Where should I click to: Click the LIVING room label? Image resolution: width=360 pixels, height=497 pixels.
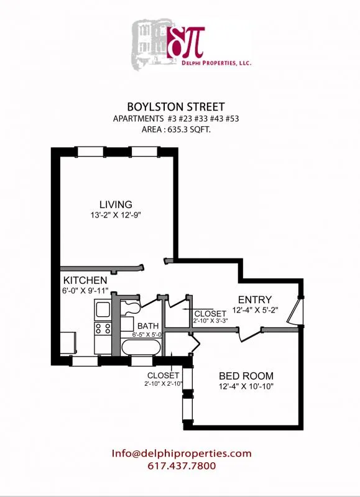pos(116,204)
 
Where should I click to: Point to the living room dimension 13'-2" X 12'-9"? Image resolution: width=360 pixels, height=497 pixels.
pos(116,216)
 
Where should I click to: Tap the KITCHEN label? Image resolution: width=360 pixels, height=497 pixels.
pos(85,281)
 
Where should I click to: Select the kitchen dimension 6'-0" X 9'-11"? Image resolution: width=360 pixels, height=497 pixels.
pos(85,291)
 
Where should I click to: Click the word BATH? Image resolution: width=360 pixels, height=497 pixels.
pos(149,326)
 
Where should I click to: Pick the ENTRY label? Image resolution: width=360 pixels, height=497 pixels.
pos(252,300)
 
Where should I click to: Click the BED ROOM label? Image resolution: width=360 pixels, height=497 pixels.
pos(246,376)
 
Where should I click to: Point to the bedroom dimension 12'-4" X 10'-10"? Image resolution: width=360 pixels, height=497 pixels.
pos(246,387)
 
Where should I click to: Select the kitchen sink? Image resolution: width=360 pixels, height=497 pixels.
pos(102,309)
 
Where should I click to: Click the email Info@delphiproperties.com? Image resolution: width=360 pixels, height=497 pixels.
pos(182,454)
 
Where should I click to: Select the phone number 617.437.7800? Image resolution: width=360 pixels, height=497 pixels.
pos(182,465)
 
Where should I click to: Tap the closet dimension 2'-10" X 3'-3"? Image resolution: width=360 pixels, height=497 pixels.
pos(210,321)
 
